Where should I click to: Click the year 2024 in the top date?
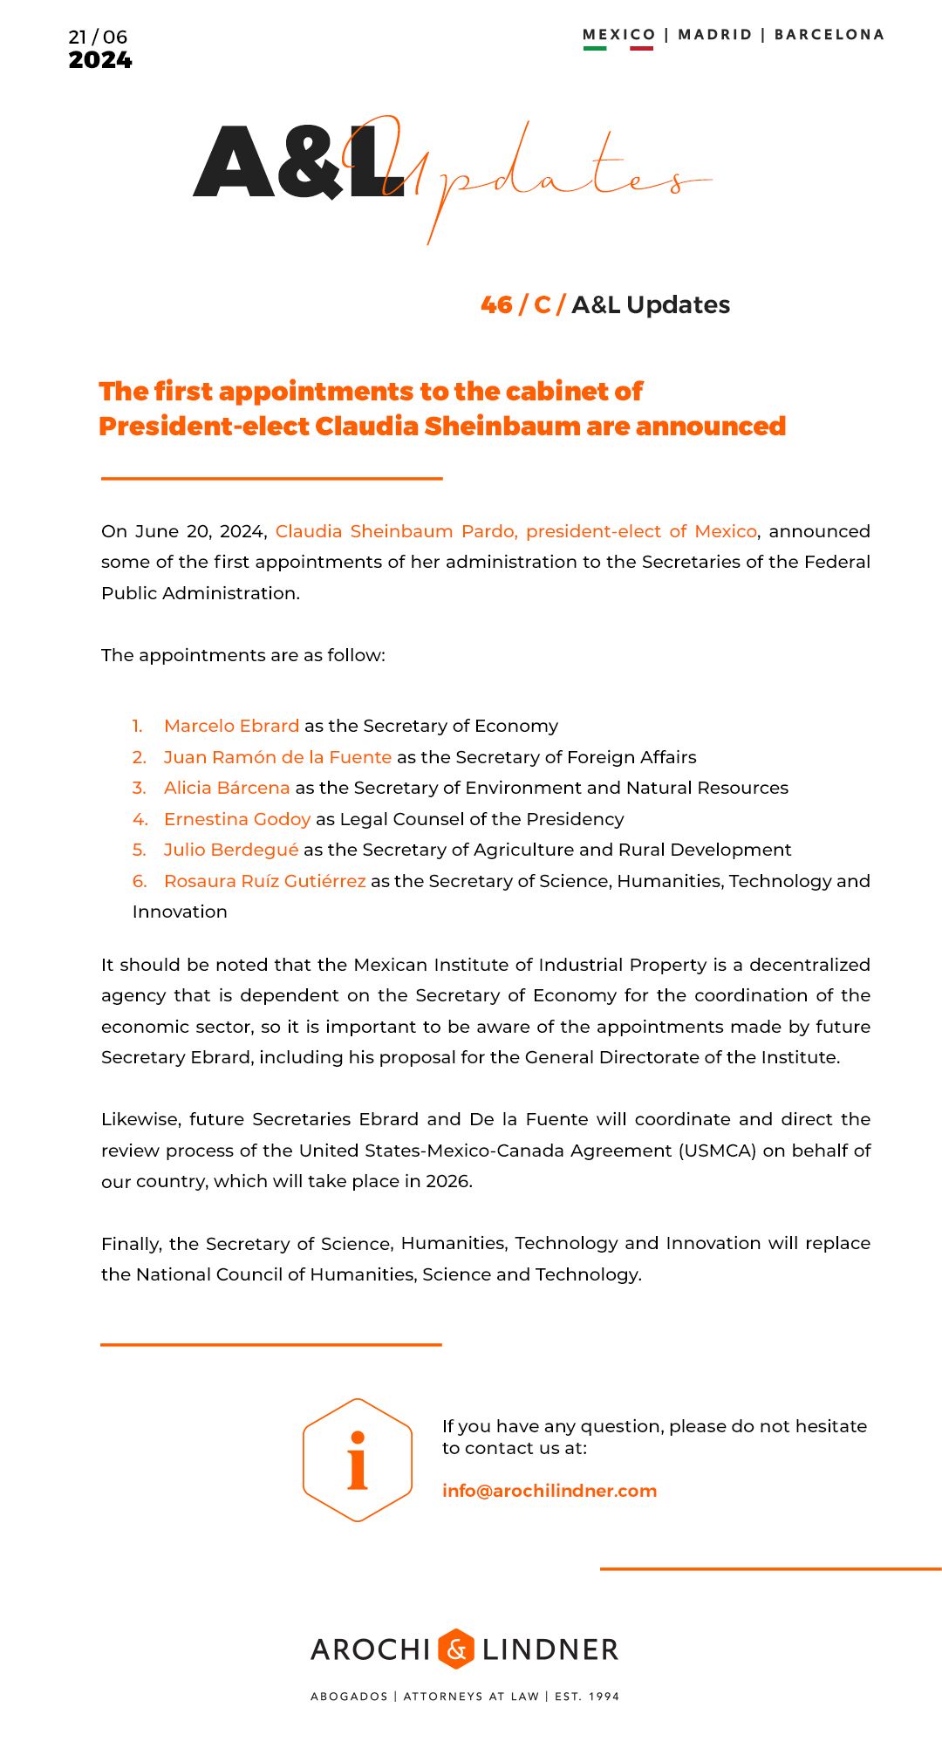point(100,60)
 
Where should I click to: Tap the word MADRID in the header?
point(714,35)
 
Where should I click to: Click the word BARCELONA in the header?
point(829,35)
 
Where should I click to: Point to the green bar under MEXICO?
point(595,48)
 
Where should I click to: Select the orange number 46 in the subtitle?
point(496,304)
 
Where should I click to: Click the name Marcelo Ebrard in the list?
point(231,726)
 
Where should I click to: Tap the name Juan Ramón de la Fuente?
point(277,757)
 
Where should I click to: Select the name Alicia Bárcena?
point(227,788)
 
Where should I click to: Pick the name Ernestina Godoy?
point(237,819)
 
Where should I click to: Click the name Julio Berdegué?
point(231,850)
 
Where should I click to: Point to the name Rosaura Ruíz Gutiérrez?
point(265,881)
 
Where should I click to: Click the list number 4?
point(140,819)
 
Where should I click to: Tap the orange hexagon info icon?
point(358,1459)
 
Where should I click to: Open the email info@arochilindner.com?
point(549,1491)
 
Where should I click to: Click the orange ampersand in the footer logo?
point(456,1649)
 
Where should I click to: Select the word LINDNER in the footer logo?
point(550,1649)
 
